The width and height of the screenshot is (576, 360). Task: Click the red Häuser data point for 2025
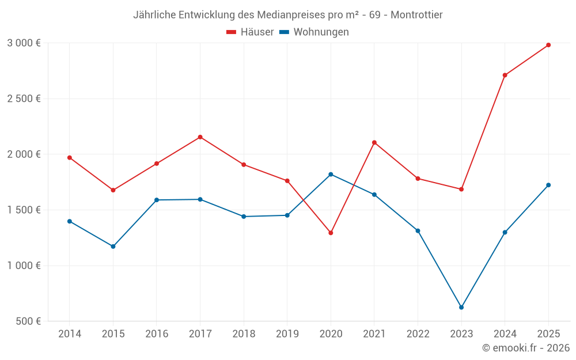click(548, 45)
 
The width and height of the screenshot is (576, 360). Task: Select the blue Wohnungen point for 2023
click(461, 308)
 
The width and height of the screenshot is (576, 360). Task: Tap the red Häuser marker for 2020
click(331, 233)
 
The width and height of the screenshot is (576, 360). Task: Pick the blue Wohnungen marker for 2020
click(331, 175)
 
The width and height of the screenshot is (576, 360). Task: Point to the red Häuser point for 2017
click(200, 137)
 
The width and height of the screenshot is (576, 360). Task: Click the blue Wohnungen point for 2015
click(113, 247)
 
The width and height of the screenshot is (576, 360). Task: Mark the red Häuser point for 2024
click(505, 75)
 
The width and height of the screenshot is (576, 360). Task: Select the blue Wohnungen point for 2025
click(548, 185)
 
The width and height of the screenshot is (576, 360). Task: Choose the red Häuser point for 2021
click(374, 142)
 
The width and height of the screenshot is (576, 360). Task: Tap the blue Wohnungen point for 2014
click(70, 221)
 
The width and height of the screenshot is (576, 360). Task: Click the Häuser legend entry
click(250, 32)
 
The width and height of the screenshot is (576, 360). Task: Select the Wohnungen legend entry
click(314, 32)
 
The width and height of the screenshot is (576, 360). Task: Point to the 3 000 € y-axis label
click(24, 43)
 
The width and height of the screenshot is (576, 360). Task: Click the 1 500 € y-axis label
click(24, 210)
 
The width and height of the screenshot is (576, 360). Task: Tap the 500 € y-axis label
click(28, 321)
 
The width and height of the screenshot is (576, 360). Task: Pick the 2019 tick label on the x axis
click(287, 334)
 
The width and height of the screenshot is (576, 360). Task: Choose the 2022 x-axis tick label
click(418, 334)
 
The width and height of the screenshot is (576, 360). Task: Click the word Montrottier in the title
click(416, 15)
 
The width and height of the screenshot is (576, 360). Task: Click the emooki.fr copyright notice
click(525, 348)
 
